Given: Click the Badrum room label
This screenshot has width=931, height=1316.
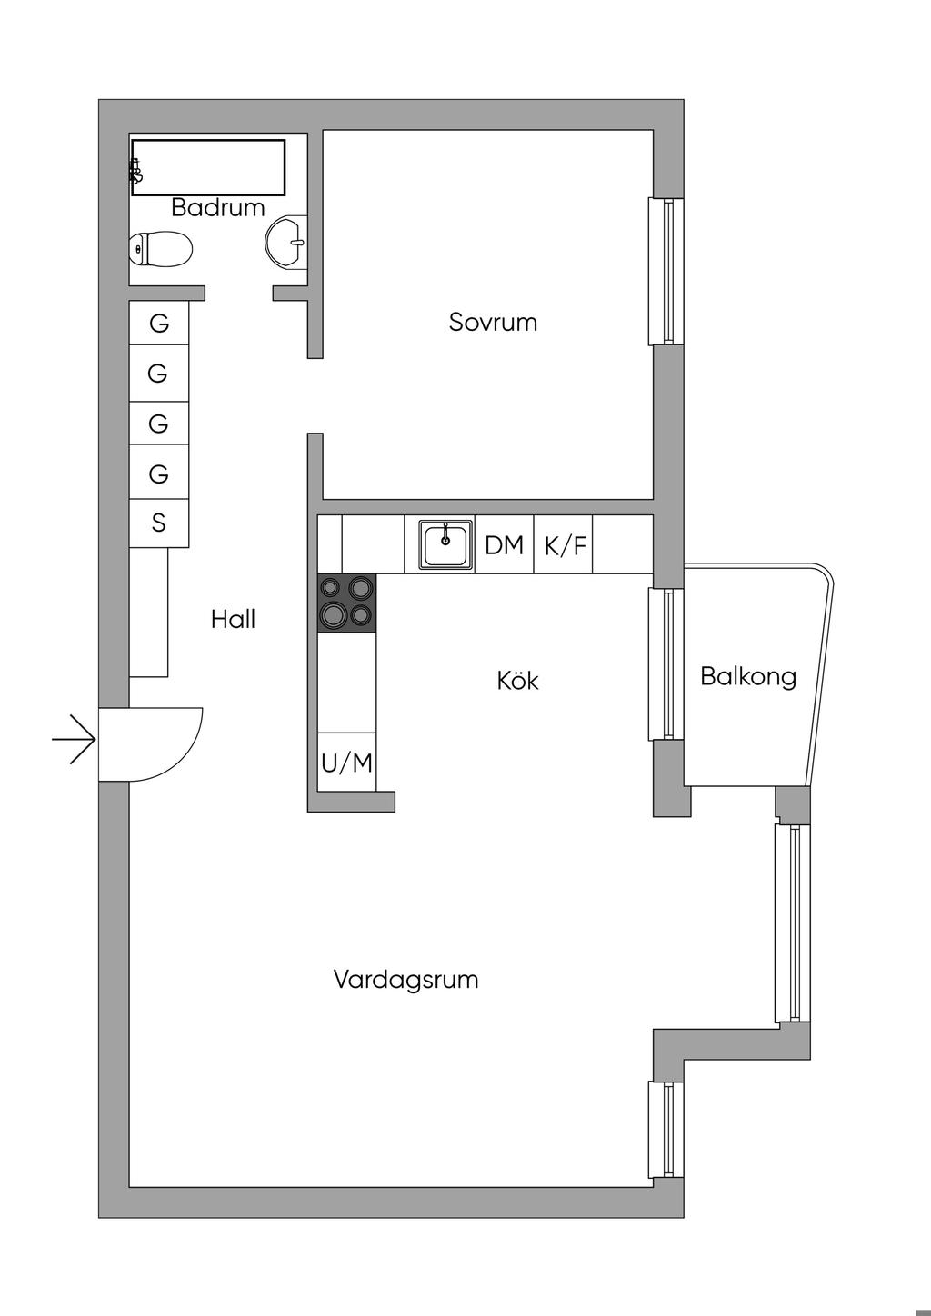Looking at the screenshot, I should (x=217, y=208).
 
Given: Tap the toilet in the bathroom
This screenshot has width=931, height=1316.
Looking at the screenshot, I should (x=161, y=248).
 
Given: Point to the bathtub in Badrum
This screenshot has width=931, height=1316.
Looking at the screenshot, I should (x=209, y=166).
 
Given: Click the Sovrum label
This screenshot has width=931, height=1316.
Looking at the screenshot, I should (x=493, y=323).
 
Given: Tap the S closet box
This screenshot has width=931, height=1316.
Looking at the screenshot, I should (x=159, y=523).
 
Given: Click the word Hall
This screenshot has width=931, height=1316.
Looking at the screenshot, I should (x=233, y=620).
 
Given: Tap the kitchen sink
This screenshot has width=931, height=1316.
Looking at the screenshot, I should (x=445, y=544).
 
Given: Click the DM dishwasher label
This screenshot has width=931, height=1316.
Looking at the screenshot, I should (x=504, y=545).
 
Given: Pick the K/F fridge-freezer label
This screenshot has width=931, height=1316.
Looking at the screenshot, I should (x=565, y=546).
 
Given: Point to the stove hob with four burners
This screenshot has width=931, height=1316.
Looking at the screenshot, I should (x=345, y=603).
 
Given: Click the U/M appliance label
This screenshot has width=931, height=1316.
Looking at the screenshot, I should (x=346, y=763).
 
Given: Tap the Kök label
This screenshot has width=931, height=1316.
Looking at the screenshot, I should (x=517, y=681).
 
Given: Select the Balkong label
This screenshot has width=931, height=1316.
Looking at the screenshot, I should (x=748, y=676).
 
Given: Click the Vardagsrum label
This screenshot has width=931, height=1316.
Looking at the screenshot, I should (x=405, y=980).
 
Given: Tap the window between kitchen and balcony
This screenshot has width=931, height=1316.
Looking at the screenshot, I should (x=665, y=664).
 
